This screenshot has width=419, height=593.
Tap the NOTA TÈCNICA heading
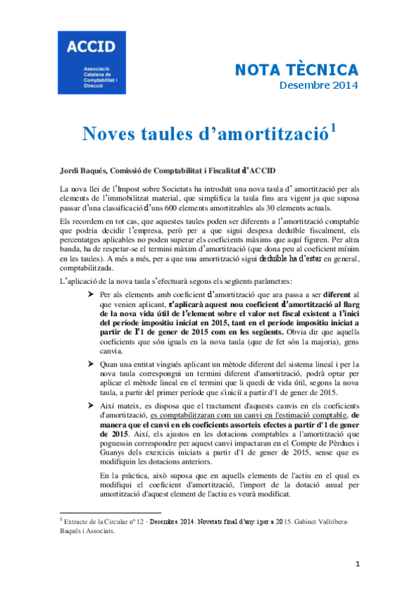pos(295,70)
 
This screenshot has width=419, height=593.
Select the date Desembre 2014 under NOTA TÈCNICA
pos(318,86)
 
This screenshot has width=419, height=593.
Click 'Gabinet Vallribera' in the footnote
pos(322,522)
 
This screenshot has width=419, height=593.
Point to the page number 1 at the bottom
pos(357,564)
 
